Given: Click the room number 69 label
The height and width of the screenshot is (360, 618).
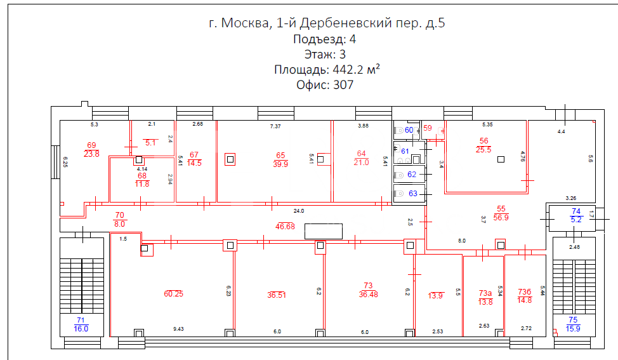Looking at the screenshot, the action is pos(91,145).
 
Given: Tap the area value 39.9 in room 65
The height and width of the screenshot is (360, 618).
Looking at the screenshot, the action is pos(280,164).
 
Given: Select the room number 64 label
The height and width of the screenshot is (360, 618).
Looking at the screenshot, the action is pos(362,154).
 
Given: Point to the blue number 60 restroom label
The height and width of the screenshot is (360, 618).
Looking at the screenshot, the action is pos(409,130).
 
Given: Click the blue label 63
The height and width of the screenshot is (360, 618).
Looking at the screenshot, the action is pos(412,194).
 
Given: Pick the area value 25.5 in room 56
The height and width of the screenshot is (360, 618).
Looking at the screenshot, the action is pos(483,150).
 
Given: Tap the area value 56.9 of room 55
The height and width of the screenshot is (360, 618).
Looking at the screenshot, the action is pos(501,218).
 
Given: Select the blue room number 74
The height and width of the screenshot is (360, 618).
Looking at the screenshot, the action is pos(576,211).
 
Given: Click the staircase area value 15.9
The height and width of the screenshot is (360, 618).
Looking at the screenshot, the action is pos(573,329).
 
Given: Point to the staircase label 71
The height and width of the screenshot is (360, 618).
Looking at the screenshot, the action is pos(81,320).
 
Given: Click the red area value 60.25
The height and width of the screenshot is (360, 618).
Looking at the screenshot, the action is pos(173,294).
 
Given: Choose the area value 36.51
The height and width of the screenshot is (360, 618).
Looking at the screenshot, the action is pos(276,295).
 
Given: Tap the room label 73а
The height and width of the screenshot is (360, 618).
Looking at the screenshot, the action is pos(485,293).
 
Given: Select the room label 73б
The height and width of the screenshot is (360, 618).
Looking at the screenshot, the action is pos(525,292).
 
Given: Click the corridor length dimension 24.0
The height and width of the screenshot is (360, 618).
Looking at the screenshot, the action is pos(299,211).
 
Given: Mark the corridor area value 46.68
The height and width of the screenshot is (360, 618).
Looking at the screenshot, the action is pos(285,226).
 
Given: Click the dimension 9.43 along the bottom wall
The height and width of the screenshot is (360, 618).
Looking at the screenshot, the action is pos(178,329).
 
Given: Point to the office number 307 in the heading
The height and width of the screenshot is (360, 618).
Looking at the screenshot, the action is pos(343,85).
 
